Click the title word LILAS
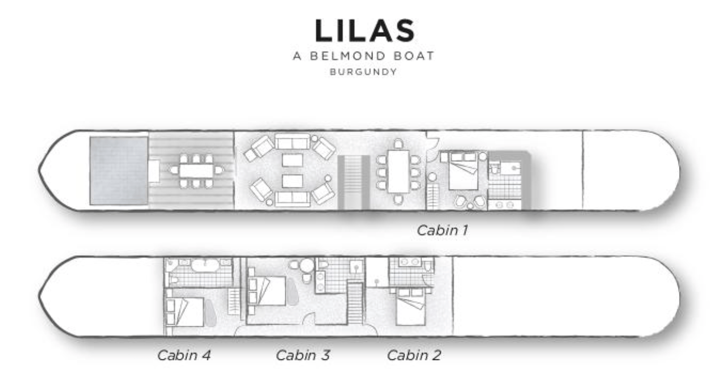365,32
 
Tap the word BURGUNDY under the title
363,72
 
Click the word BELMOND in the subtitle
352,56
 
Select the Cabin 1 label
442,230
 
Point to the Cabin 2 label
414,356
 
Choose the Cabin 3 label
302,356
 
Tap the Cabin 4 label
184,356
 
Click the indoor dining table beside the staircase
398,170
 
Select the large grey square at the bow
119,170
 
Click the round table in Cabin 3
307,266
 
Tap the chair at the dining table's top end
398,143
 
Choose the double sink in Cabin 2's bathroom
409,262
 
